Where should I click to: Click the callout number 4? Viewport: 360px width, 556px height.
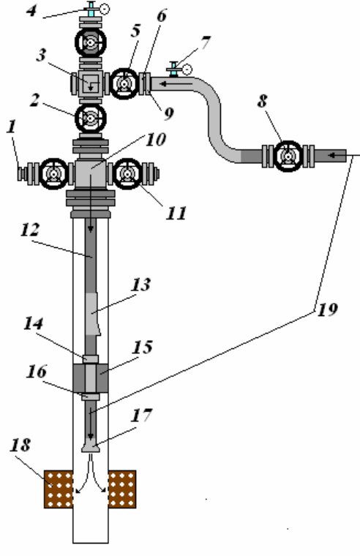(31, 11)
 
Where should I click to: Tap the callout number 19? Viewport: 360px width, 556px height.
(327, 309)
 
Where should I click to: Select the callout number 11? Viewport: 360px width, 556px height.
(176, 214)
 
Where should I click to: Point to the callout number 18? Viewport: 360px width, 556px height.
(20, 445)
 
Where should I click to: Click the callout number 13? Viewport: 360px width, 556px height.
(141, 285)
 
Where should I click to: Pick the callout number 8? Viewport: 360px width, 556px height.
(262, 101)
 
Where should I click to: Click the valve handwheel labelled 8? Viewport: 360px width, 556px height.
(288, 156)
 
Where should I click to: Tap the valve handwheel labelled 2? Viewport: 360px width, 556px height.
(91, 118)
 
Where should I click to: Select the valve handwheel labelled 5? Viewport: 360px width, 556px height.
(124, 83)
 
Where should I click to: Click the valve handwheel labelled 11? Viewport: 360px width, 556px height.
(127, 174)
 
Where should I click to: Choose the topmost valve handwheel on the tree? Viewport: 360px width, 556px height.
(91, 42)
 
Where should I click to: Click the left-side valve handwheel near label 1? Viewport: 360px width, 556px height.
(54, 174)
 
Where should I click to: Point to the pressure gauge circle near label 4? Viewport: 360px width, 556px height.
(105, 9)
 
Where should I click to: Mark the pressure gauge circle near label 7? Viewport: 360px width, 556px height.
(187, 69)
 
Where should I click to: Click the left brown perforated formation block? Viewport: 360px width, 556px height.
(59, 489)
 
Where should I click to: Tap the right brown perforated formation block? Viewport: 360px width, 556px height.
(122, 489)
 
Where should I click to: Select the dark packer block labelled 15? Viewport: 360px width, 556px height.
(91, 378)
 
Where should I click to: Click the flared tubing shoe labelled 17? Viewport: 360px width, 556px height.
(91, 446)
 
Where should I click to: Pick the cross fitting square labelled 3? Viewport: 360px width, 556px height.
(91, 83)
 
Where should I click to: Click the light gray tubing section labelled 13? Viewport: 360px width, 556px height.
(92, 314)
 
